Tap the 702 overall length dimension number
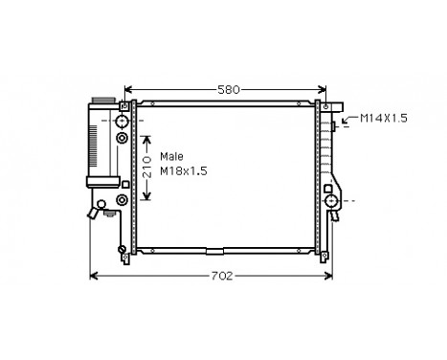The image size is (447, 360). coord(221,276)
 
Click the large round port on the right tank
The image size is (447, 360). coord(331,201)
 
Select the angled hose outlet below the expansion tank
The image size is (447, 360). coord(95,210)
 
